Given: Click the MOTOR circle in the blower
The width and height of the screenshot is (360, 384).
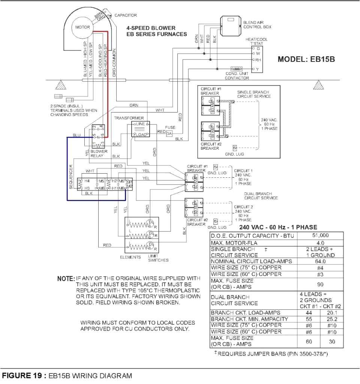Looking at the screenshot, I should coord(82,27).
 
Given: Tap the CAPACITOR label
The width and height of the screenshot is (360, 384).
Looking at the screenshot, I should coord(126,15).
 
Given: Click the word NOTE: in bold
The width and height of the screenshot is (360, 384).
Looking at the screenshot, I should coord(66,279).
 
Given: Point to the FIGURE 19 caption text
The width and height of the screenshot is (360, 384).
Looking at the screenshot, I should coord(67,375).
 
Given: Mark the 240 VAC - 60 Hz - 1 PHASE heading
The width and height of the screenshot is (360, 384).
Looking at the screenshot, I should coord(278,227).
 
